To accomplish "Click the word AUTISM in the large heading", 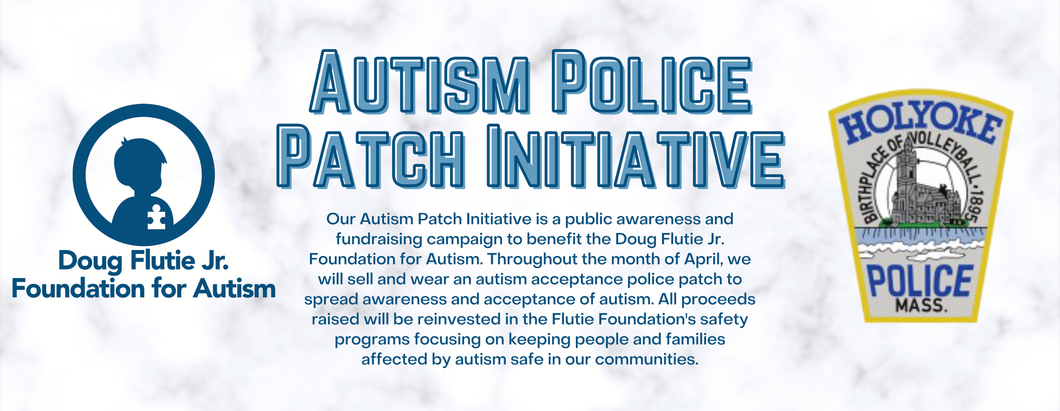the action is (420, 82).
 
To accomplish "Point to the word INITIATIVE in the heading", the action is (635, 156).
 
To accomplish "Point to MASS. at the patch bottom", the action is (922, 305).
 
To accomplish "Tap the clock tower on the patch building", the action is (906, 171).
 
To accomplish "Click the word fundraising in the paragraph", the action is (379, 239).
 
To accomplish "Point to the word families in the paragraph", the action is (695, 339).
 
